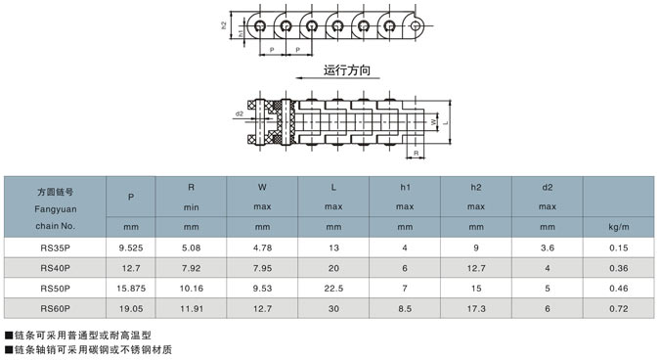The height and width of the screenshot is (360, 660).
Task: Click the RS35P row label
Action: [x=55, y=248]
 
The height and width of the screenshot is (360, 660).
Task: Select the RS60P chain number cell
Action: [x=55, y=308]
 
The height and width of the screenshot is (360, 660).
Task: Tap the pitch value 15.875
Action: [x=131, y=289]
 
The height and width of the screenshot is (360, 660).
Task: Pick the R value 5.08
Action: [x=191, y=248]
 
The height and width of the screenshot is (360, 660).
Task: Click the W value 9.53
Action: [x=262, y=289]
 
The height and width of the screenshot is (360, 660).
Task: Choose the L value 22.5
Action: [x=333, y=289]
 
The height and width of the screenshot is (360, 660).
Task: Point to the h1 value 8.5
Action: [x=405, y=308]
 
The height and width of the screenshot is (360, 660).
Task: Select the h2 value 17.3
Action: [x=476, y=308]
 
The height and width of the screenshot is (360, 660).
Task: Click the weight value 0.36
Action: [x=619, y=268]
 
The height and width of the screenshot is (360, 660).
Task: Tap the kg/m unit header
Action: [x=619, y=227]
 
